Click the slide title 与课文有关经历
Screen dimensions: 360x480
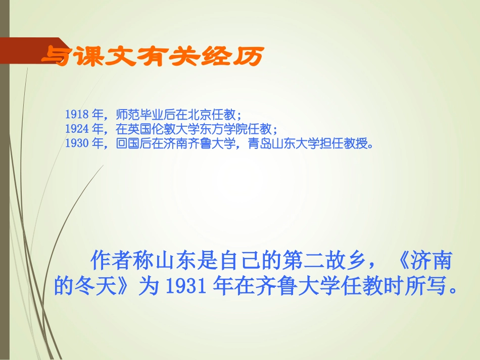click(152, 57)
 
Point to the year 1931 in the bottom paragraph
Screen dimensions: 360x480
click(182, 286)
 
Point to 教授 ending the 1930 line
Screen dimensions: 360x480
click(354, 144)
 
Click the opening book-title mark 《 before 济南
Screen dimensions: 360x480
click(397, 262)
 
